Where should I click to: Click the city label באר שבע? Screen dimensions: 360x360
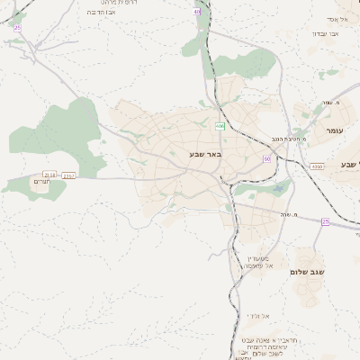tap(203, 155)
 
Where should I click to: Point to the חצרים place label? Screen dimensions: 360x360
tap(40, 183)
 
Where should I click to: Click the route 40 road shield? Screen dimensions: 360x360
tap(197, 12)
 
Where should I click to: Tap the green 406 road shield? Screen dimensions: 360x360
tap(220, 126)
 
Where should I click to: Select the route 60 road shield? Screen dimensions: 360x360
tap(266, 159)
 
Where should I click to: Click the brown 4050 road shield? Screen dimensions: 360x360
tap(316, 166)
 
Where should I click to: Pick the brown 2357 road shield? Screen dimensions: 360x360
tap(69, 175)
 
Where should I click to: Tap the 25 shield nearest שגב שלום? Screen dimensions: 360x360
tap(325, 221)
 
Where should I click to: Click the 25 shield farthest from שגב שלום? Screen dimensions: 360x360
tap(17, 28)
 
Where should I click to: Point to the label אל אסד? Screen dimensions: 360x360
tap(337, 19)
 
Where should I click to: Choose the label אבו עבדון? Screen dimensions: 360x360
tap(324, 33)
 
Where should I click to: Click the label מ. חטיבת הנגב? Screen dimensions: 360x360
tap(291, 139)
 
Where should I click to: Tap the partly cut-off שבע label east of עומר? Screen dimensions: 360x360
tap(350, 165)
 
